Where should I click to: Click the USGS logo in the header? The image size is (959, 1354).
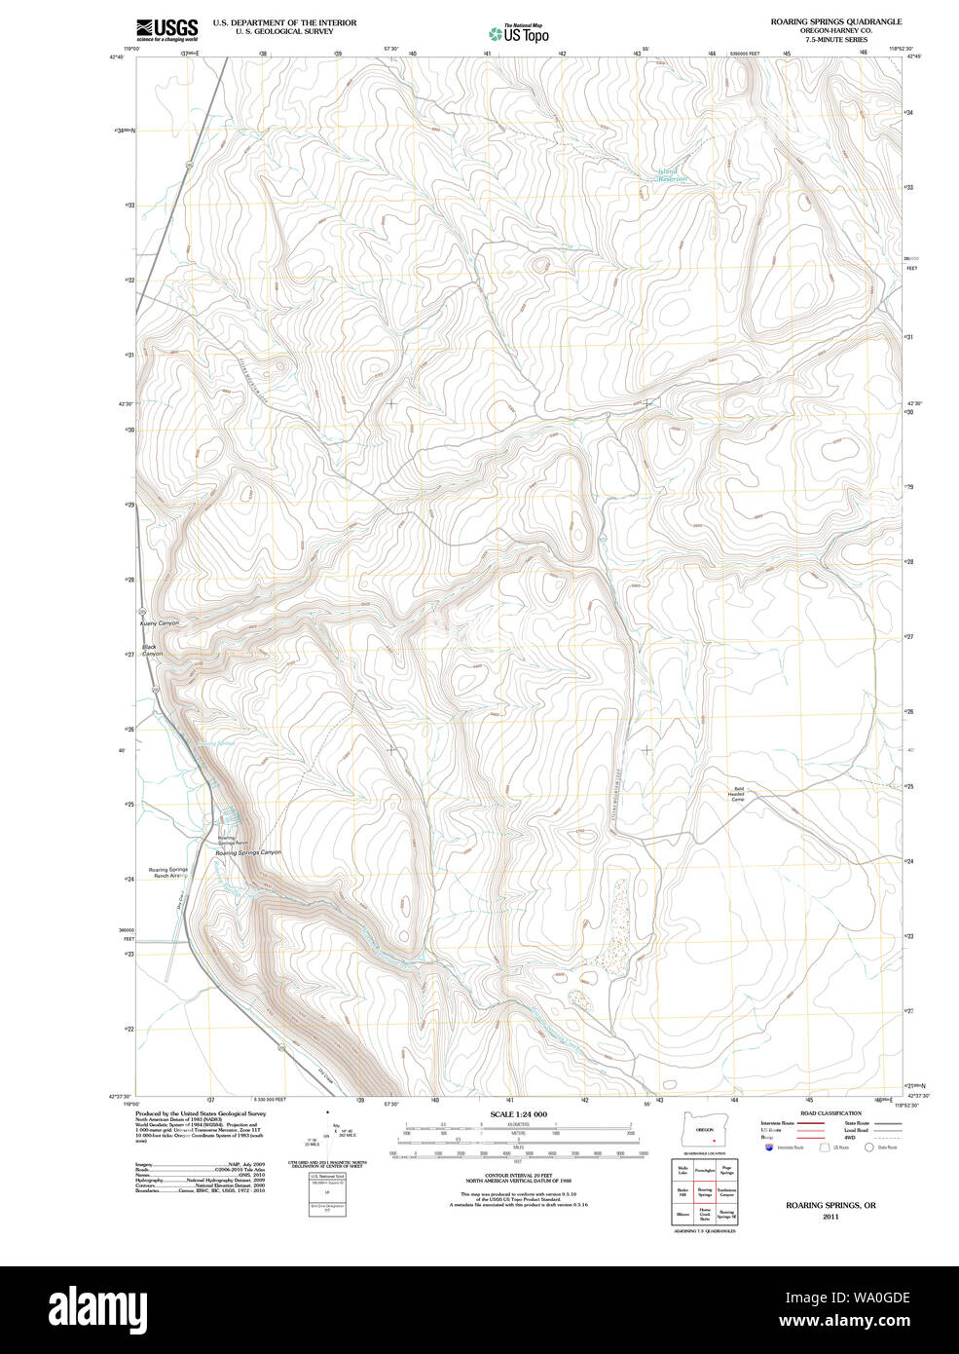pos(166,28)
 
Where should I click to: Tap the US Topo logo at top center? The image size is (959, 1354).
pos(519,33)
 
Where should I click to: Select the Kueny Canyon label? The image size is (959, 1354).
pos(160,622)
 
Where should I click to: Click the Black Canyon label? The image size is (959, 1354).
pos(151,650)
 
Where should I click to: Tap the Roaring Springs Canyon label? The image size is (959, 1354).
pos(247,852)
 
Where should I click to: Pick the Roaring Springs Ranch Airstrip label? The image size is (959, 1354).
pos(167,873)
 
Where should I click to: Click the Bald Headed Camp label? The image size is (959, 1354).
pos(737,794)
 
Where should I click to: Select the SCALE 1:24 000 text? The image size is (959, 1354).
pos(518,1114)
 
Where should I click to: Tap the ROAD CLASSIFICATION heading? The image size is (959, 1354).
pos(830,1113)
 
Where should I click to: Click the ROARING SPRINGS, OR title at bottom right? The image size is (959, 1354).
pos(830,1205)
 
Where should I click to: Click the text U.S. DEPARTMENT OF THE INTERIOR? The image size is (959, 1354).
pos(284,22)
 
